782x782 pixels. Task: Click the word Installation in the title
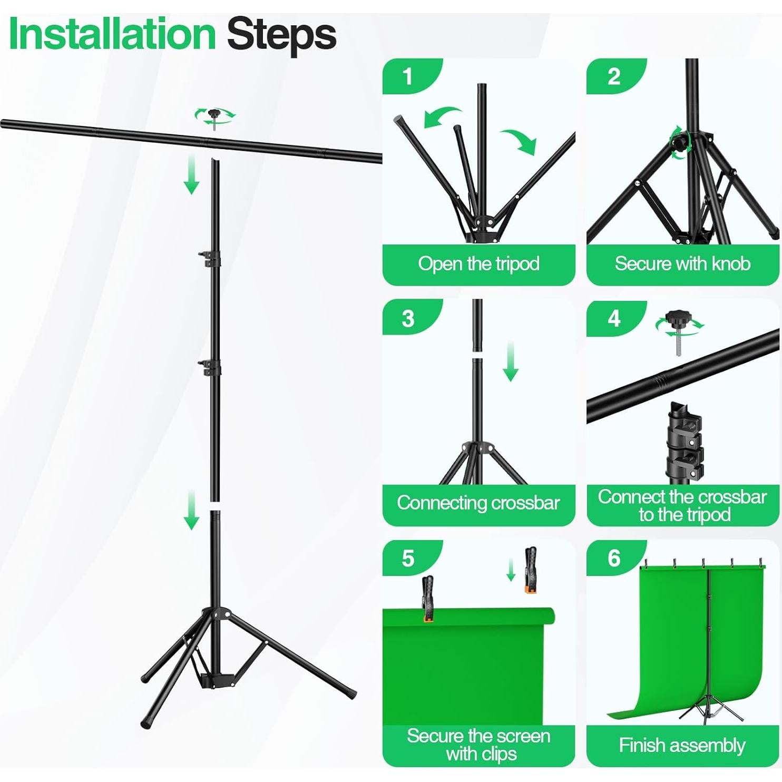tap(112, 34)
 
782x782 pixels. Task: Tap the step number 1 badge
tap(407, 76)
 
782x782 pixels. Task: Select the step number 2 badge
tap(613, 76)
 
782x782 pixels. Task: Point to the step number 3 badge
tap(408, 318)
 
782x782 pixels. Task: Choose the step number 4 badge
tap(613, 318)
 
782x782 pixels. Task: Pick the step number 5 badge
tap(408, 559)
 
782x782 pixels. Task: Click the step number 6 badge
tap(613, 559)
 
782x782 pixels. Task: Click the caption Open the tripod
tap(478, 263)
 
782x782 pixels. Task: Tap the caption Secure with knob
tap(682, 263)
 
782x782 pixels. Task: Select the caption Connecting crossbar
tap(478, 503)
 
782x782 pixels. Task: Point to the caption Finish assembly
tap(682, 745)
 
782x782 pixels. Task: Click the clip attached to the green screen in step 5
tap(427, 598)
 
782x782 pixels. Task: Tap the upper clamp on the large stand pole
tap(211, 258)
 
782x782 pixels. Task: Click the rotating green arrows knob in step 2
tap(680, 141)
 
